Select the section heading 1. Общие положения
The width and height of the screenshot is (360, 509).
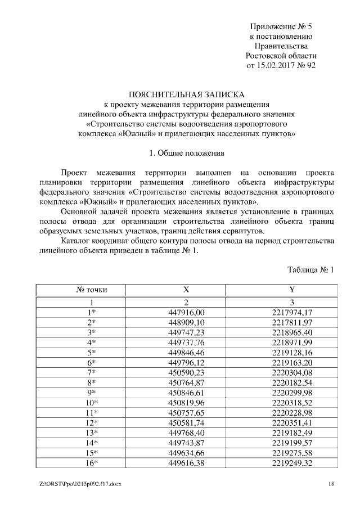(187, 152)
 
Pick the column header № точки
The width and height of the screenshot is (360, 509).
(92, 290)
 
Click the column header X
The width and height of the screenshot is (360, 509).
(186, 290)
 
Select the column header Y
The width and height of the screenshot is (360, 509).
(292, 290)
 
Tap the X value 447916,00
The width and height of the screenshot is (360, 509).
(186, 312)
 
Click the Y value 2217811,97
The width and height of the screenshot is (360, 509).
(292, 322)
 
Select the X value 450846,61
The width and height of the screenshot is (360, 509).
(186, 393)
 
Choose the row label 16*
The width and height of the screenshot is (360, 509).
(92, 463)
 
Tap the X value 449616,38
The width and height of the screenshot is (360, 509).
(186, 463)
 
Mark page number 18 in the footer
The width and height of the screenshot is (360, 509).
(332, 484)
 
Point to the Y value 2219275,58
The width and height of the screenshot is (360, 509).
(292, 453)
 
